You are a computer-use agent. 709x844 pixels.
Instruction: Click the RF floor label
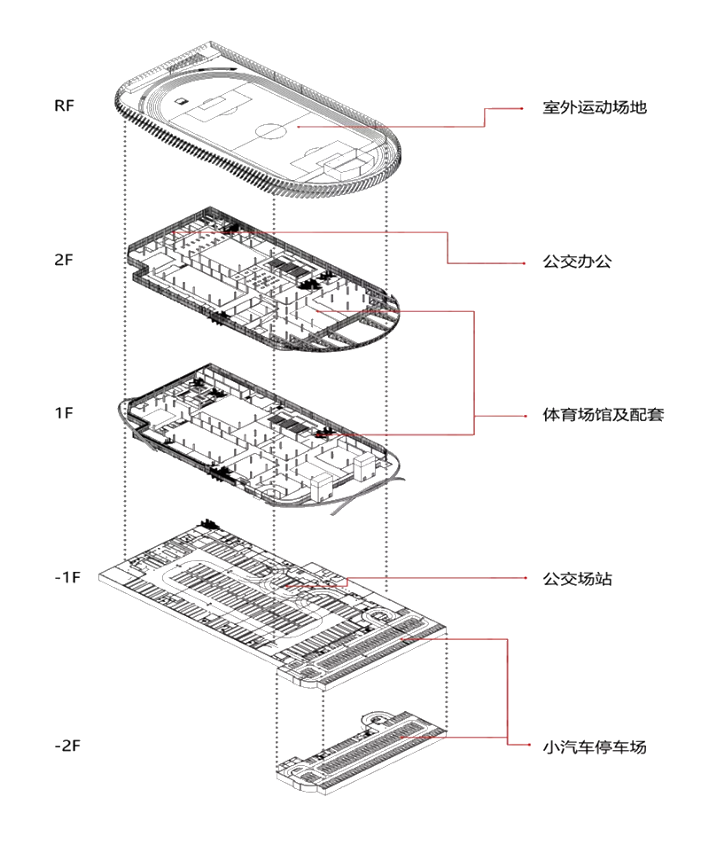point(64,105)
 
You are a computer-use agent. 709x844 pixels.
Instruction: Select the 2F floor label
point(64,261)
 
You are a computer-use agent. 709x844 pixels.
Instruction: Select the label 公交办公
point(577,263)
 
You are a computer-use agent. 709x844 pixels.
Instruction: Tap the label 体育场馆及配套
point(604,415)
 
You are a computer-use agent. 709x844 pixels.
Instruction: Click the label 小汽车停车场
point(595,746)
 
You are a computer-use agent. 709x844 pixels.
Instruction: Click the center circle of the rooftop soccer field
point(271,131)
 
